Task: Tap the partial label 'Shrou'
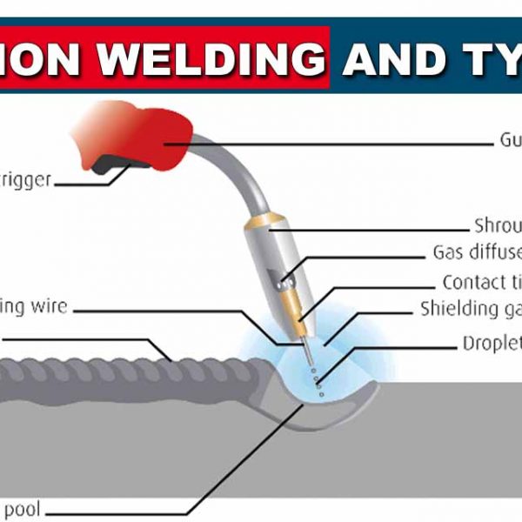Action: [x=497, y=224]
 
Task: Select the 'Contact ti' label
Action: [x=481, y=282]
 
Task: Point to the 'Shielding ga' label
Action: [x=470, y=309]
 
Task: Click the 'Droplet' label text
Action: [x=491, y=343]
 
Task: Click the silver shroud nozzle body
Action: [x=270, y=261]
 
